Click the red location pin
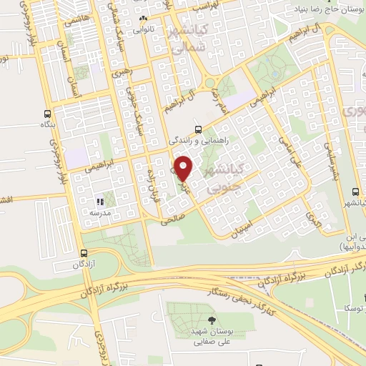184,168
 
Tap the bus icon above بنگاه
47,114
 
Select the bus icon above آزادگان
84,252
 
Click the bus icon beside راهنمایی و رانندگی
198,129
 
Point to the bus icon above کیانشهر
355,192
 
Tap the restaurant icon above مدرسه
100,202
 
